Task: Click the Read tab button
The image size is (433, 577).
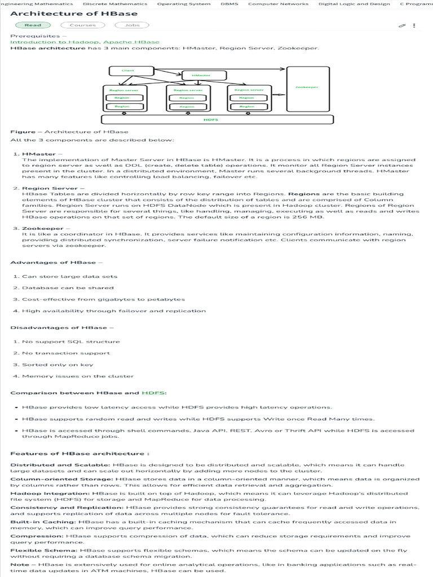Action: click(x=33, y=25)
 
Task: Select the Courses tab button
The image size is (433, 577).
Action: click(x=83, y=25)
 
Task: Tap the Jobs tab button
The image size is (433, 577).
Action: click(x=132, y=25)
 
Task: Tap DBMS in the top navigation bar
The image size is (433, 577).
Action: click(x=229, y=4)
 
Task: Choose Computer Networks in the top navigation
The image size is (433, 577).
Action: click(x=278, y=4)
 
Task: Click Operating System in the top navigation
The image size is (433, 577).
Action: click(x=184, y=4)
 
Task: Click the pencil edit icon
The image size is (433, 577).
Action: click(x=402, y=25)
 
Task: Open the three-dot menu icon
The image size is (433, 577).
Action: click(x=414, y=25)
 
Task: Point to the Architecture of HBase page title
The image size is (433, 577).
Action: click(x=74, y=14)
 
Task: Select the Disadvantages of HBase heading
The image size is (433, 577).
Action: click(x=59, y=328)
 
